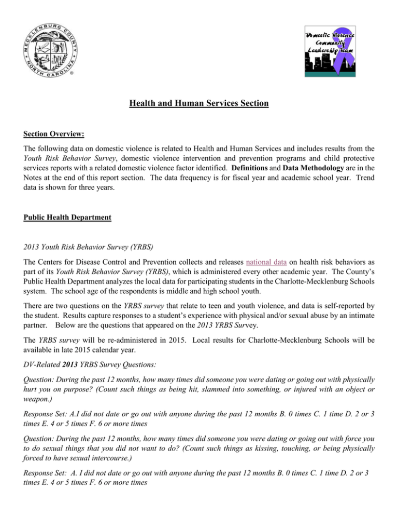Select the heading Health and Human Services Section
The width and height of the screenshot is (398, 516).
tap(199, 104)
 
